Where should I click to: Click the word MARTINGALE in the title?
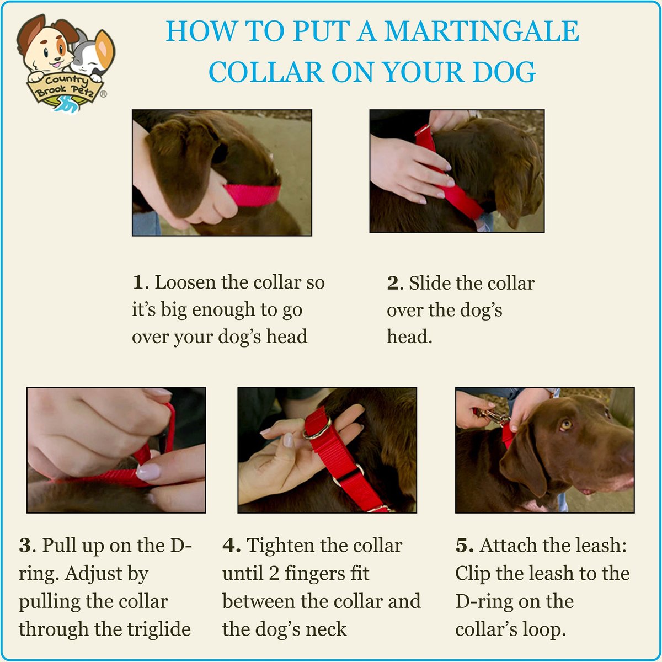[482, 31]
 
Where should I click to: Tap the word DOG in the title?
[504, 72]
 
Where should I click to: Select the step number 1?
[138, 282]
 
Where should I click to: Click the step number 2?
[392, 283]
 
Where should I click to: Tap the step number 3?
[25, 546]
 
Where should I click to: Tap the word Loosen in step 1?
[185, 282]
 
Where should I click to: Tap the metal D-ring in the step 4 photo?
[317, 429]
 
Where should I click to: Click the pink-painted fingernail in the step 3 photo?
[148, 472]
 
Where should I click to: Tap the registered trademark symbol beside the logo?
[103, 93]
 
